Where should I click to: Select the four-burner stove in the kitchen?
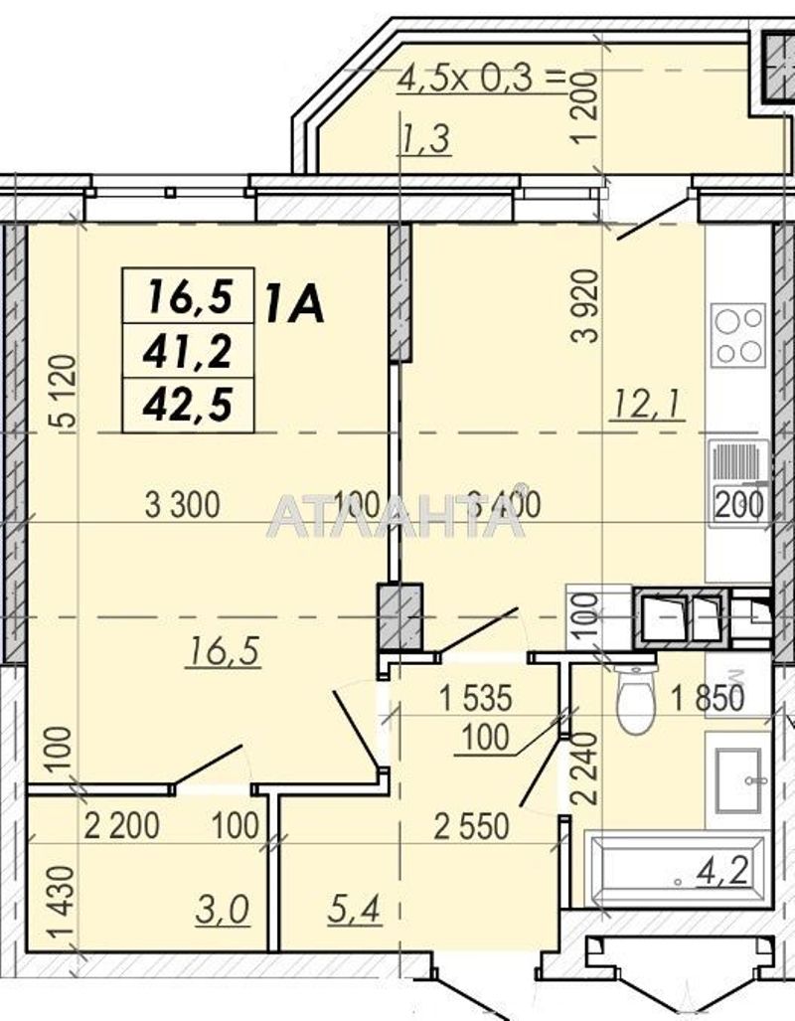[738, 335]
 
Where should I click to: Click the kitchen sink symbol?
[736, 466]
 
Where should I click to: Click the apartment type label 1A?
[294, 302]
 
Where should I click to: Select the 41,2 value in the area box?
[188, 350]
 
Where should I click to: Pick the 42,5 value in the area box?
[188, 406]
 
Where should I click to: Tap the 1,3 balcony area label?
[425, 140]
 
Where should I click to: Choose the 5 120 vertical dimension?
[61, 393]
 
